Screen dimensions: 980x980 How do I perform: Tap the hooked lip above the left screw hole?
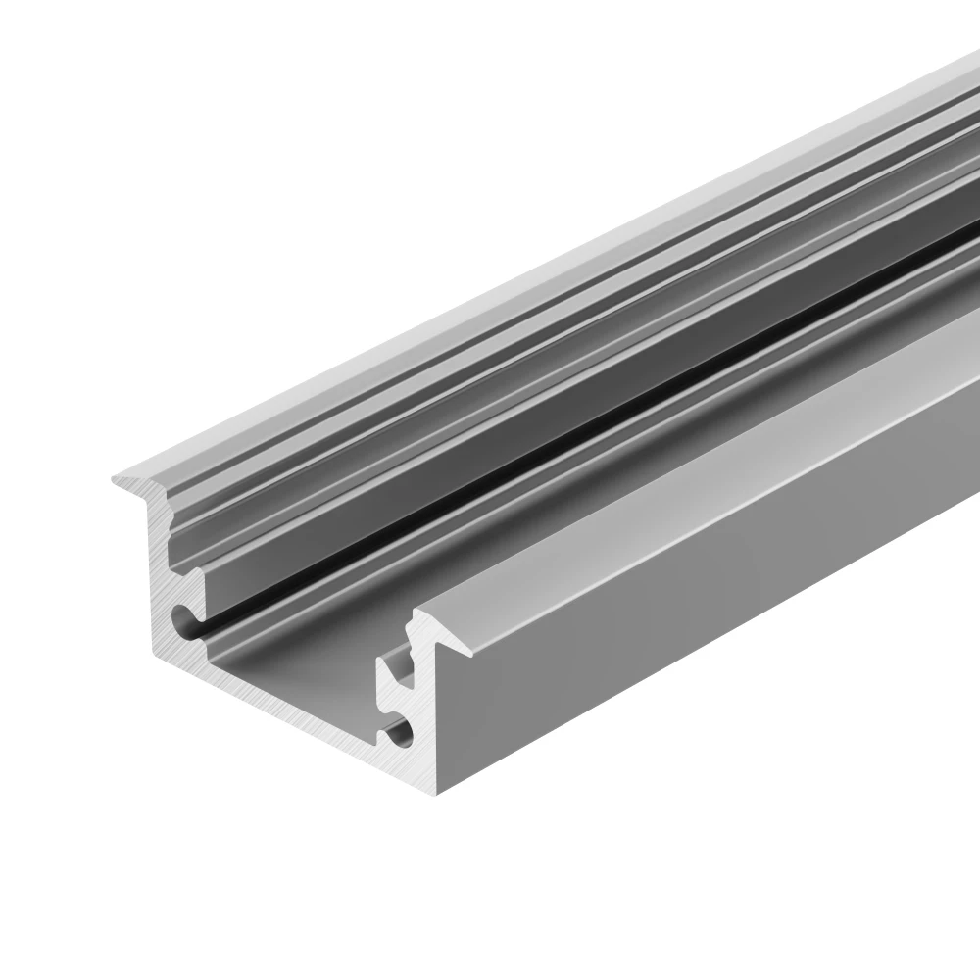(196, 583)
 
